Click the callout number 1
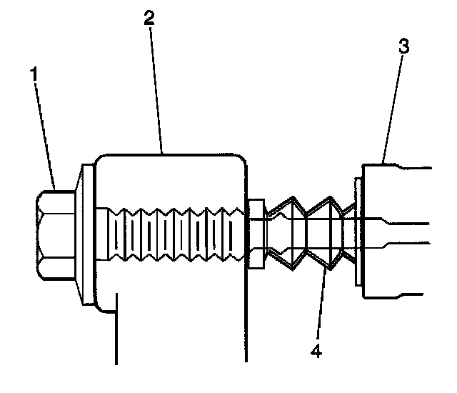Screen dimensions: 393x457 34,74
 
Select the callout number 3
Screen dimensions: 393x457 404,48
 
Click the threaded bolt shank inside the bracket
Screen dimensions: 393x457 171,236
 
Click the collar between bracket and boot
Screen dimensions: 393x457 255,234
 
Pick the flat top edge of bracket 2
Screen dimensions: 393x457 171,153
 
